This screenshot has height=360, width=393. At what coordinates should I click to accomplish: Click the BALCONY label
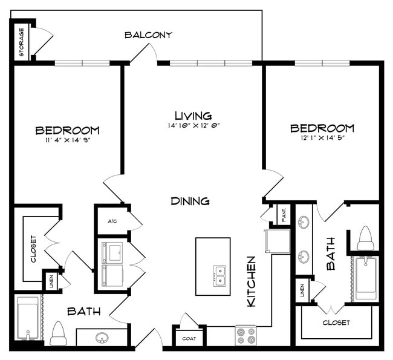pos(148,34)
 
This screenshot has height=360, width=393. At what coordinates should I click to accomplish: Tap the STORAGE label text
pos(21,42)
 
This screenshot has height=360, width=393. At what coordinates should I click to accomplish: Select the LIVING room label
pos(193,115)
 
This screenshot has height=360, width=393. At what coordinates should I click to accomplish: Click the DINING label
pos(190,201)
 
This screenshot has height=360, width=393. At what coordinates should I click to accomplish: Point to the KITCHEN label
pos(252,281)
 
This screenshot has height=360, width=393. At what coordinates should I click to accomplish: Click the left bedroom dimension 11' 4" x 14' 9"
pos(67,140)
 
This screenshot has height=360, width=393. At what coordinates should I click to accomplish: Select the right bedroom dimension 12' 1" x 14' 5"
pos(322,139)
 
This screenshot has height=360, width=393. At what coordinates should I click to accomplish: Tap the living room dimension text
pos(193,126)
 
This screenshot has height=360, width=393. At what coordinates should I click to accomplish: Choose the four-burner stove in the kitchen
pos(245,336)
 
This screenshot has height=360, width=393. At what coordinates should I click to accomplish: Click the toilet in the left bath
pos(58,334)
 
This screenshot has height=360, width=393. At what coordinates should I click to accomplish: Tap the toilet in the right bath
pos(365,238)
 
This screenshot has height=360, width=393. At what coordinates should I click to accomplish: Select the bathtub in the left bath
pos(27,318)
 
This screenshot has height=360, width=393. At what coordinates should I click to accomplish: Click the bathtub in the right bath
pos(366,278)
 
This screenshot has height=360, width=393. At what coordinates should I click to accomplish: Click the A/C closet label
pos(112,221)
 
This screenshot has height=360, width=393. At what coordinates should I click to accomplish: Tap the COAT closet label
pos(188,339)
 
